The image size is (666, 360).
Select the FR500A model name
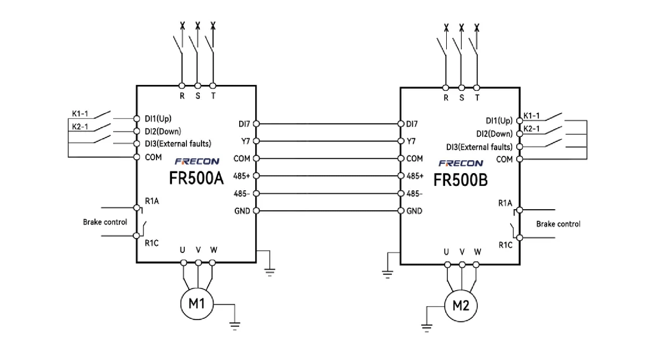[196, 179]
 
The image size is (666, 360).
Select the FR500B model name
[461, 180]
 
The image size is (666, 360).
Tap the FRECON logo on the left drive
[197, 162]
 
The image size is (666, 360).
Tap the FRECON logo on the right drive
[461, 164]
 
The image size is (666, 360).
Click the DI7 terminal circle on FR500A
[256, 124]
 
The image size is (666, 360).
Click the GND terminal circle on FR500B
[401, 211]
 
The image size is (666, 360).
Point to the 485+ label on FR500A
[243, 176]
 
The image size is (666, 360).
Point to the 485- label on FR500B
[415, 194]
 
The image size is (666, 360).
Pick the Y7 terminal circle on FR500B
[401, 141]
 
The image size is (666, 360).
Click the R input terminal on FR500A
[182, 86]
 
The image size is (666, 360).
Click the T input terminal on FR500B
[477, 87]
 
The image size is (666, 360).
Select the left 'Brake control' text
[105, 222]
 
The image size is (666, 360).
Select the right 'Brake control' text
[558, 224]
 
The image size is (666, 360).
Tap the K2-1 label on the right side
[532, 129]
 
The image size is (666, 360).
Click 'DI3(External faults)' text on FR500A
[178, 144]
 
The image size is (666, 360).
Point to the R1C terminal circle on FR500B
[520, 238]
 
